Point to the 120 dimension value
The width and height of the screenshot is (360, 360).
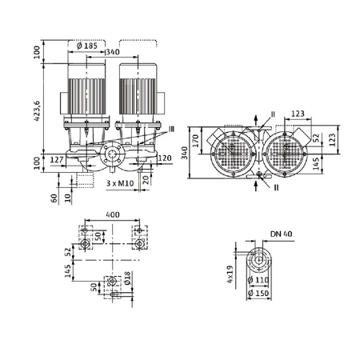coord(166,158)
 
